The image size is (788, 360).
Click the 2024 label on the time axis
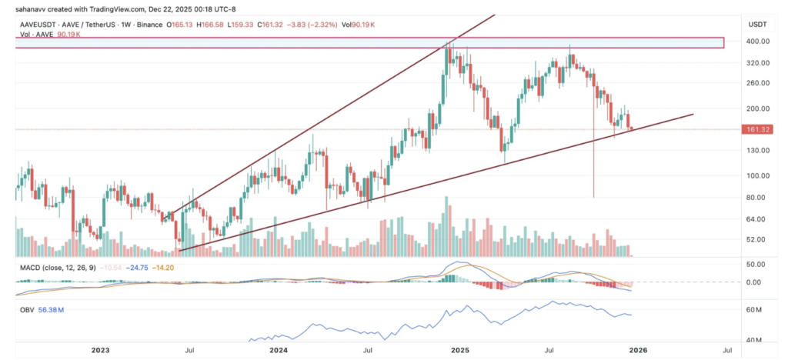pyautogui.click(x=279, y=350)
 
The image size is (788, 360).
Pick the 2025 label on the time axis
pyautogui.click(x=459, y=350)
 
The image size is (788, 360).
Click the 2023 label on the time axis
pyautogui.click(x=100, y=350)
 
